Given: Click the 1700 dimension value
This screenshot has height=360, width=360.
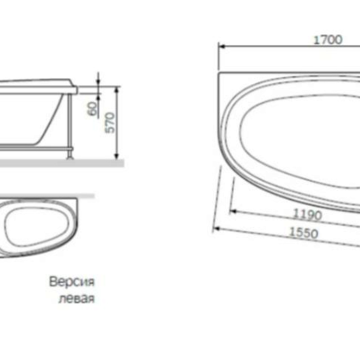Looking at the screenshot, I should click(x=328, y=40).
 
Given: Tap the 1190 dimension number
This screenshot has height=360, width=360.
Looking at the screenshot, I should click(x=307, y=215).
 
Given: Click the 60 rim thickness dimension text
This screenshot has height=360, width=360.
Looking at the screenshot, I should click(x=93, y=109).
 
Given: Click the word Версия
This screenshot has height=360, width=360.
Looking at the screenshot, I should click(x=72, y=282).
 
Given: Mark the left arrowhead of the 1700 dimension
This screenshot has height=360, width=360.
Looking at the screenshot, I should click(x=221, y=45).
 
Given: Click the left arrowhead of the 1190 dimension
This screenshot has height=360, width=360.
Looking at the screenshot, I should click(x=232, y=210).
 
